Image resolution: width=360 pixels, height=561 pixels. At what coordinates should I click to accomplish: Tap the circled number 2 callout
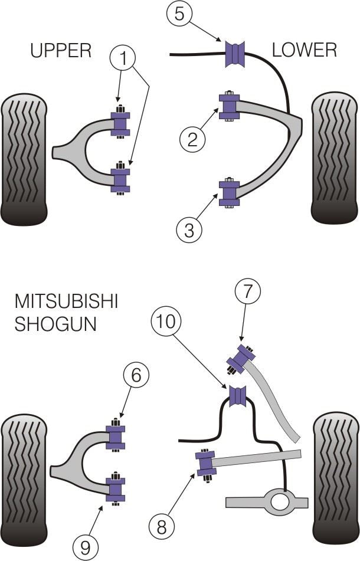point(193,139)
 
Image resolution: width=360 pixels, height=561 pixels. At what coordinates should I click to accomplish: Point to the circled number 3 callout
point(189,229)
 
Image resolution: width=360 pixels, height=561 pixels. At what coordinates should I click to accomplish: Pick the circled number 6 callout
point(136,376)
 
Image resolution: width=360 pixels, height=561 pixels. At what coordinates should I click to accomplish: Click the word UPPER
point(61,51)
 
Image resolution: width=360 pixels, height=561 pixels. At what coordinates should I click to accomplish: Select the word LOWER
point(304,51)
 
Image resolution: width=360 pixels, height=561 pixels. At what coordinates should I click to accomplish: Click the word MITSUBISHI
point(66,301)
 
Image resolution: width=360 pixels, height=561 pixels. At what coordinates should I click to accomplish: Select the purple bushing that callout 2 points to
point(229,107)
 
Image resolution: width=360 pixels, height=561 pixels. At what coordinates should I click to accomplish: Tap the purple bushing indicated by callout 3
point(229,193)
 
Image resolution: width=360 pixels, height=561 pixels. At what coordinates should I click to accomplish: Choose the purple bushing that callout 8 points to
point(207,463)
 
